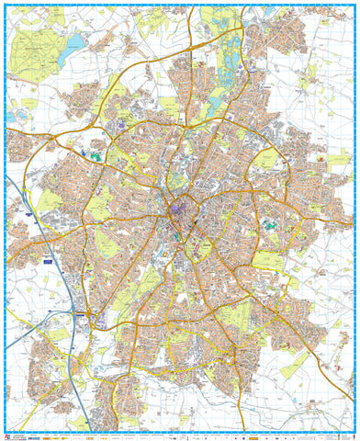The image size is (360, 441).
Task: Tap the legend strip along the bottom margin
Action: click(180, 435)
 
